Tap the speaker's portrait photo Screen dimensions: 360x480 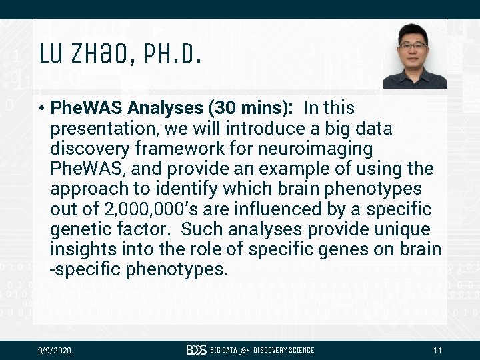click(x=415, y=56)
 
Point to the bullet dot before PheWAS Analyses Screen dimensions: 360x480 click(x=41, y=108)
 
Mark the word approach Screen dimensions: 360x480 click(x=89, y=189)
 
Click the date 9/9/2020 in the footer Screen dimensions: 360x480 click(x=54, y=351)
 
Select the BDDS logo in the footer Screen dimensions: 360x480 click(x=197, y=351)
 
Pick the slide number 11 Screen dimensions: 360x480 click(x=437, y=351)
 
